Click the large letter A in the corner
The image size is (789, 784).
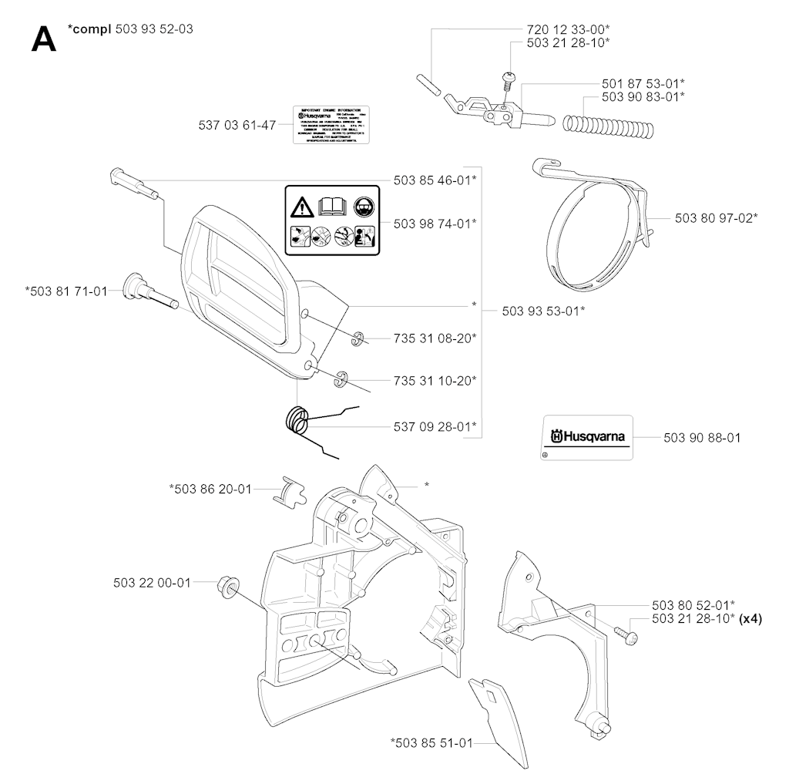(x=44, y=39)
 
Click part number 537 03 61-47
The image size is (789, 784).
(x=237, y=125)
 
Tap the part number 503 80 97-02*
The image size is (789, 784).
(x=716, y=218)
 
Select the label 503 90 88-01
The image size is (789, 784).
(x=702, y=437)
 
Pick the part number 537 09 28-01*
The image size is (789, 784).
(x=434, y=426)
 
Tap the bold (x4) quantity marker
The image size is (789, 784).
(x=750, y=618)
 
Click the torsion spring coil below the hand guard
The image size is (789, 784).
(x=297, y=422)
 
